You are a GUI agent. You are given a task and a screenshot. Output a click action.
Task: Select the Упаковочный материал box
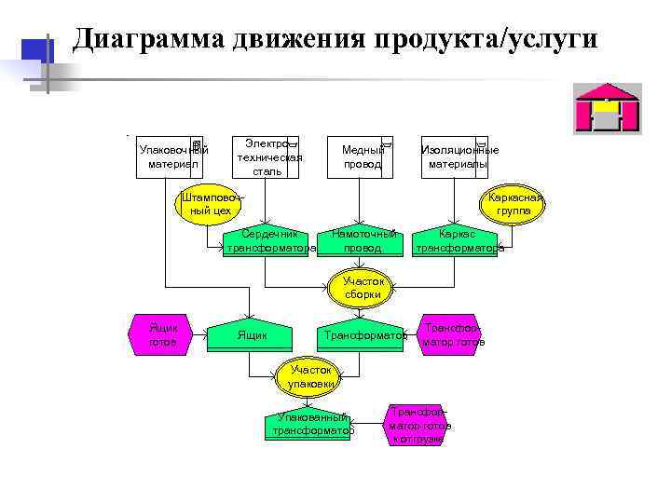pos(172,156)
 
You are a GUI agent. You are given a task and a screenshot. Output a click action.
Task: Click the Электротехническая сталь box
pos(267,156)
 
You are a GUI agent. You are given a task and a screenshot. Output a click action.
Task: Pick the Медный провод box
pos(362,156)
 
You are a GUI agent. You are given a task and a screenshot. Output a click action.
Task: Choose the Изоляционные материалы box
pos(458,156)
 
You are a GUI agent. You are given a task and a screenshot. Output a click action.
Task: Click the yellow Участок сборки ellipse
pos(362,288)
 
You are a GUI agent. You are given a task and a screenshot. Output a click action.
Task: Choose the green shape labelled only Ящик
pos(252,335)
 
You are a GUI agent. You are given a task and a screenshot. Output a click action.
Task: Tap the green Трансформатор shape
pos(362,335)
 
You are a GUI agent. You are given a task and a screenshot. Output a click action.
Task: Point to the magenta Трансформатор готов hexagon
pos(453,334)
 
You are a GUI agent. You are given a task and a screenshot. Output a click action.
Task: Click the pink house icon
pos(607,108)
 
